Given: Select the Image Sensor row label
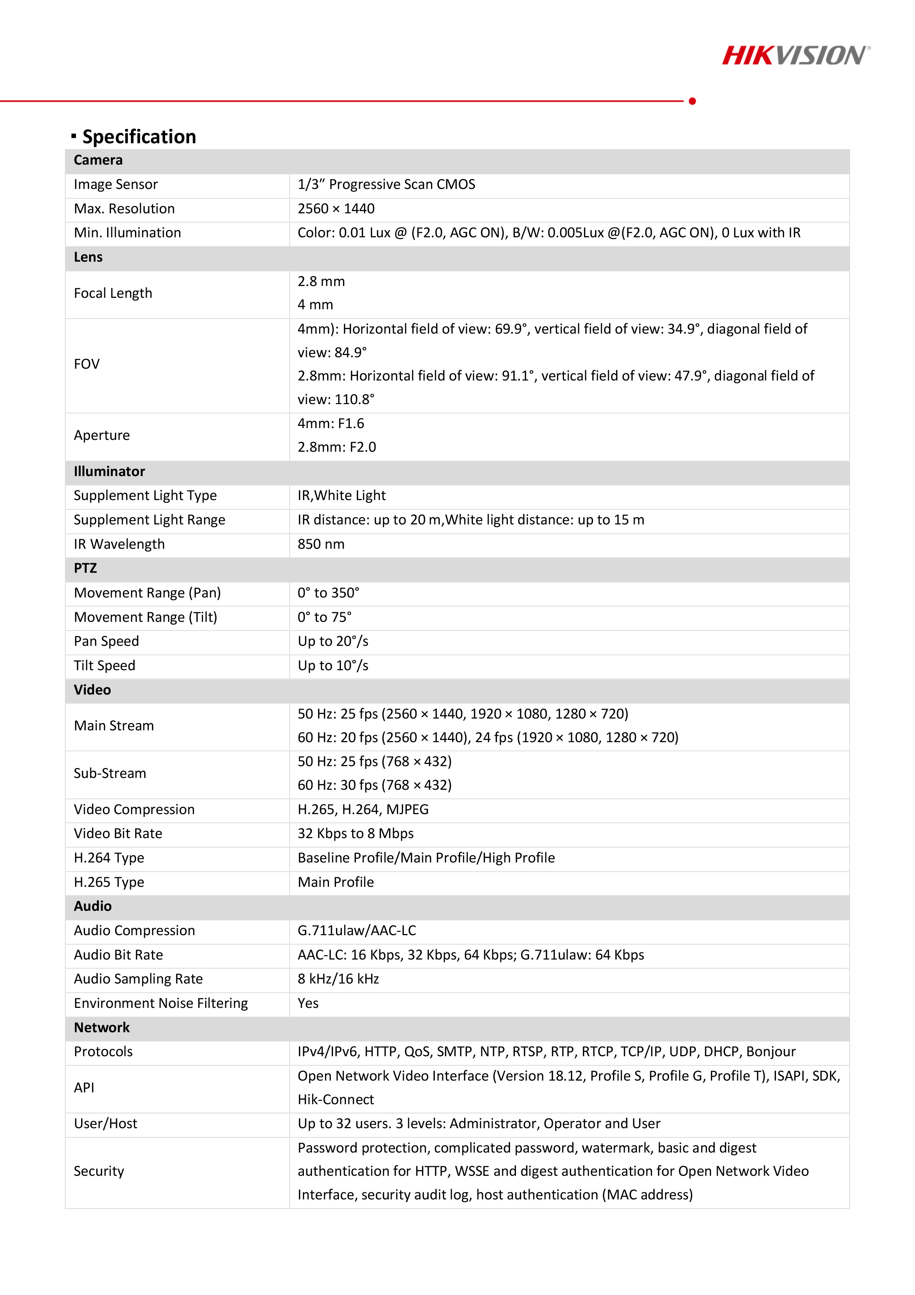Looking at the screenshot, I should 115,185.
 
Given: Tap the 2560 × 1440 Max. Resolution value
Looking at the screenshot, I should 336,209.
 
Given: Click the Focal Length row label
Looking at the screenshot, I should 113,293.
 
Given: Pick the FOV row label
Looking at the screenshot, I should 87,364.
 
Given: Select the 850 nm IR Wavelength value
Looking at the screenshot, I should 321,544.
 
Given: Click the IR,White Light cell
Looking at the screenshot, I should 342,495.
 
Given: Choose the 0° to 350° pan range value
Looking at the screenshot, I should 328,593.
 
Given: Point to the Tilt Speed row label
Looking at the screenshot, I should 105,665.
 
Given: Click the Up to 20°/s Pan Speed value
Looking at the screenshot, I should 333,641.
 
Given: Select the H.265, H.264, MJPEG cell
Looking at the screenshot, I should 363,809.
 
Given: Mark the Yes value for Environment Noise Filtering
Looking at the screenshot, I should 308,1003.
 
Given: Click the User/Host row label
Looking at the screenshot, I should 106,1123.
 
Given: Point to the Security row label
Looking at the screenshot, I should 99,1171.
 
